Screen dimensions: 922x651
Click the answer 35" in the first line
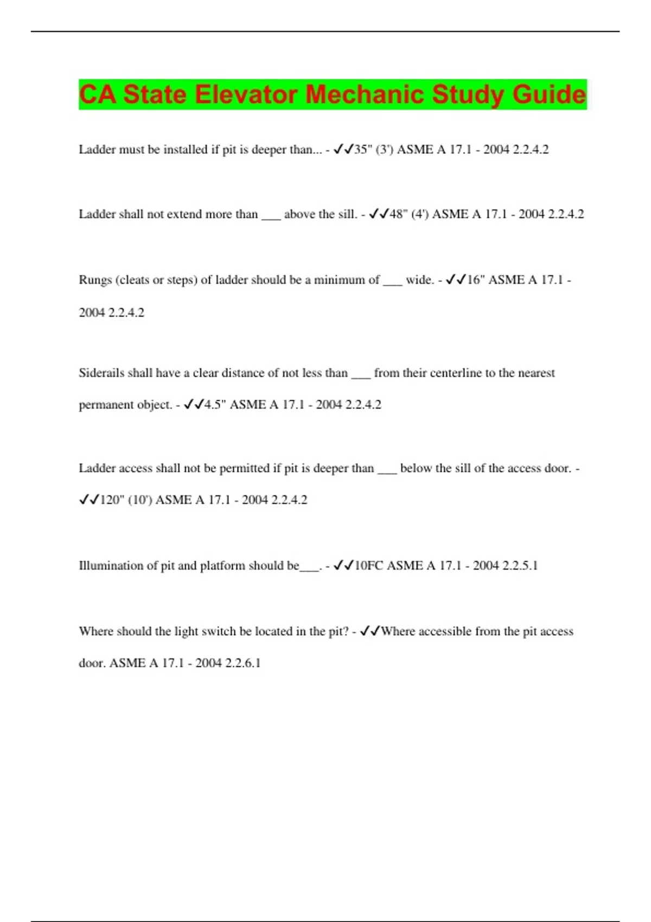(362, 150)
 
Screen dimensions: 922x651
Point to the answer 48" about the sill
(398, 214)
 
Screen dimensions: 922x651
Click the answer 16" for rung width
(475, 280)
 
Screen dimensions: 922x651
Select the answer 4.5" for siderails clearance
(215, 405)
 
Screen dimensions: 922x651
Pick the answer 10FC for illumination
(368, 566)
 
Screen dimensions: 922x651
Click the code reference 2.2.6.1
(242, 663)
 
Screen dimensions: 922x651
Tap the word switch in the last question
(219, 631)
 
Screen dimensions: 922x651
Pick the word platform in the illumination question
(222, 566)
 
